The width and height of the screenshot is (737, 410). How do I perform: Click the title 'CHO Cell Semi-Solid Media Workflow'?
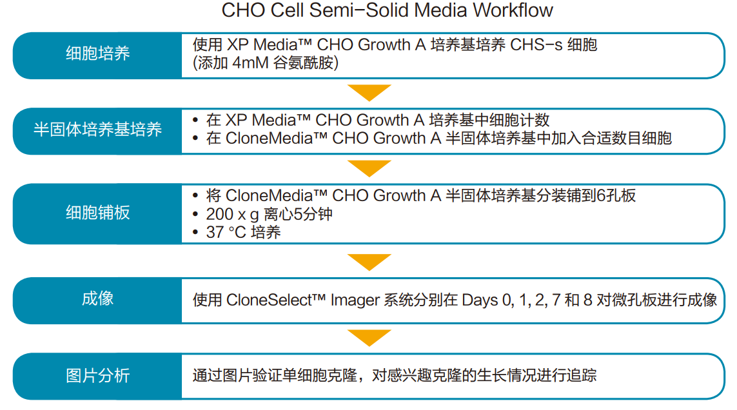tap(387, 11)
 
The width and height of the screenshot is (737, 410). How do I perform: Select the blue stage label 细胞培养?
tap(97, 54)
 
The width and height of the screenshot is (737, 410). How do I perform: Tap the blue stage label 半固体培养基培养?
tap(97, 130)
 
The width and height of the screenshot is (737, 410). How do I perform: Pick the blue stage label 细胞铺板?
tap(97, 213)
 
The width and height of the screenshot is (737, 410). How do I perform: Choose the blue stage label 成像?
tap(97, 299)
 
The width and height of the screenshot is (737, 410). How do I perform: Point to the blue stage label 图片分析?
tap(97, 375)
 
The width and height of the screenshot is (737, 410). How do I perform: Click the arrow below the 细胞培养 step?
tap(369, 93)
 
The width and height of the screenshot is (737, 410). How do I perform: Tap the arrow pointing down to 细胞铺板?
tap(369, 168)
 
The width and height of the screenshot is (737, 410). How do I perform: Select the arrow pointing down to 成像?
tap(369, 262)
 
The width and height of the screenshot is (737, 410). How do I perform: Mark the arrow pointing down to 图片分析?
tap(369, 337)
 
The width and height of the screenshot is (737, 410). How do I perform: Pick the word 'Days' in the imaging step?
tap(480, 300)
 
